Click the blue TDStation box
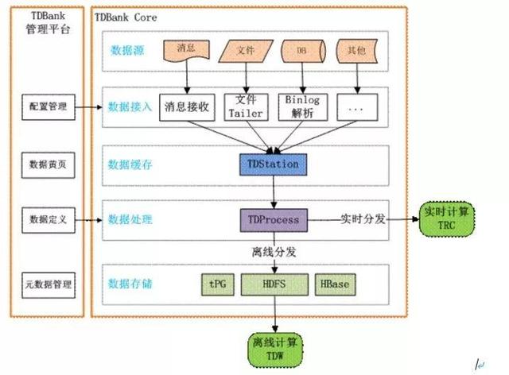tap(273, 164)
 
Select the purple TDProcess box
tap(273, 218)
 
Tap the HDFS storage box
tap(273, 284)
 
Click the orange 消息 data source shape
tap(187, 50)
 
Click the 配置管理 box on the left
tap(49, 106)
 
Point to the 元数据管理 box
tap(49, 284)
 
